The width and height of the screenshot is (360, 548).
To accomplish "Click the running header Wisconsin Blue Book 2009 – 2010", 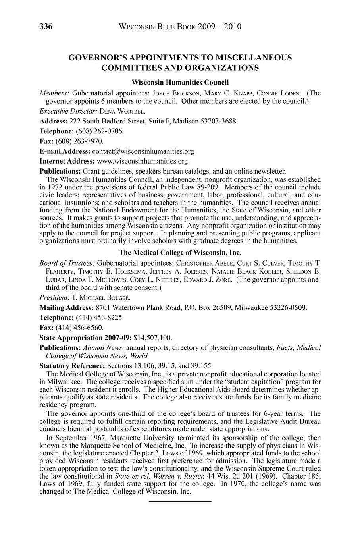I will coord(180,27).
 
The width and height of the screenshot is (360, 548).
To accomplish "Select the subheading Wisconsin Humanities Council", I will coord(180,83).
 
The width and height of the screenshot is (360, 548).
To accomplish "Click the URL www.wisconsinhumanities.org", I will coord(142,161).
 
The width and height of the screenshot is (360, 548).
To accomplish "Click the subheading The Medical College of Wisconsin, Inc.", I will coord(180,253).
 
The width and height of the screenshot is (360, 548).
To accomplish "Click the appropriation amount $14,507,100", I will coord(153,338).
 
